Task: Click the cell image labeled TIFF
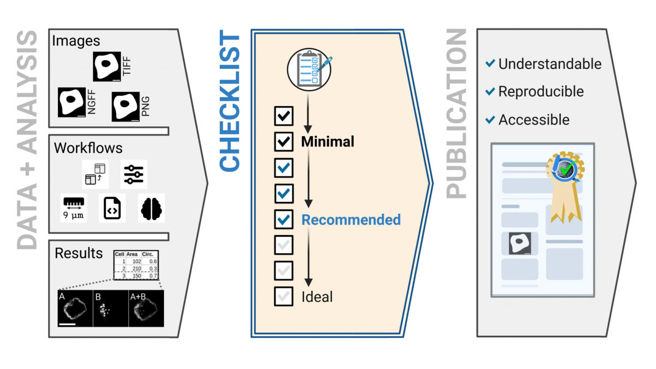(107, 67)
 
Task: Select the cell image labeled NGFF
(72, 102)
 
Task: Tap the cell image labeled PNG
(126, 107)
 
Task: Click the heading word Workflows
(88, 148)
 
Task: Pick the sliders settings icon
(133, 174)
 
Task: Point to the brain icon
(151, 208)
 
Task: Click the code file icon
(112, 208)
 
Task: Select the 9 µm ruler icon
(73, 208)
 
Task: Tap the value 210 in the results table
(137, 268)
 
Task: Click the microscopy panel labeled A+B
(147, 308)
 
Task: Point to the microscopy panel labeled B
(110, 308)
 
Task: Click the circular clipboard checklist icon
(309, 70)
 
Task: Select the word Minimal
(327, 142)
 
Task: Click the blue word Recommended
(351, 220)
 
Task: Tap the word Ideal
(317, 297)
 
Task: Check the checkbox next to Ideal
(284, 296)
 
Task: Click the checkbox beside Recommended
(284, 219)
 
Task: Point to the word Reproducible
(541, 91)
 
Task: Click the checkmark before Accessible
(490, 120)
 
